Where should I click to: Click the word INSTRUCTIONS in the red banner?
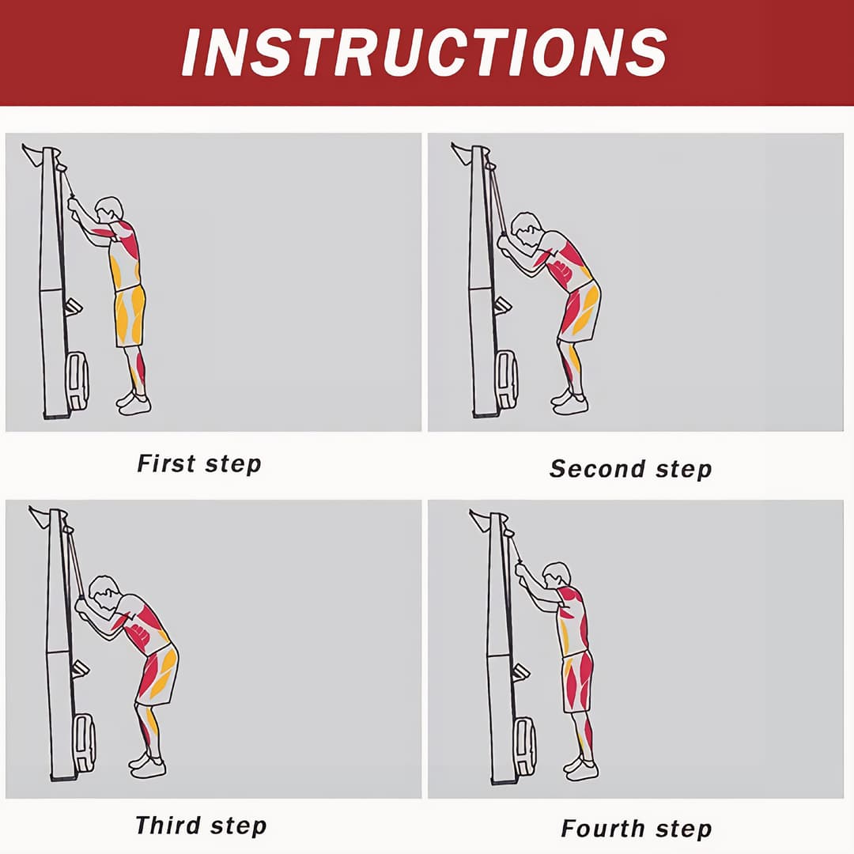click(x=425, y=52)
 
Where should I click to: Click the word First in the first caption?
click(x=166, y=463)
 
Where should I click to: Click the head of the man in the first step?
click(x=109, y=210)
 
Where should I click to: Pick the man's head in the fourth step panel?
click(x=557, y=576)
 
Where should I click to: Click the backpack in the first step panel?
click(x=77, y=380)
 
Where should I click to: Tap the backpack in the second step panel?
click(x=506, y=380)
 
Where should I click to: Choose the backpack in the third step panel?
click(x=84, y=743)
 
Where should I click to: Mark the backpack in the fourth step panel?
click(x=524, y=746)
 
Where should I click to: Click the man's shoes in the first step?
click(x=134, y=402)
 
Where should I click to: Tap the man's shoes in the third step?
click(x=148, y=765)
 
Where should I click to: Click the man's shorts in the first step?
click(x=130, y=316)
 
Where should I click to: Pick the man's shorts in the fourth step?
click(x=578, y=682)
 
